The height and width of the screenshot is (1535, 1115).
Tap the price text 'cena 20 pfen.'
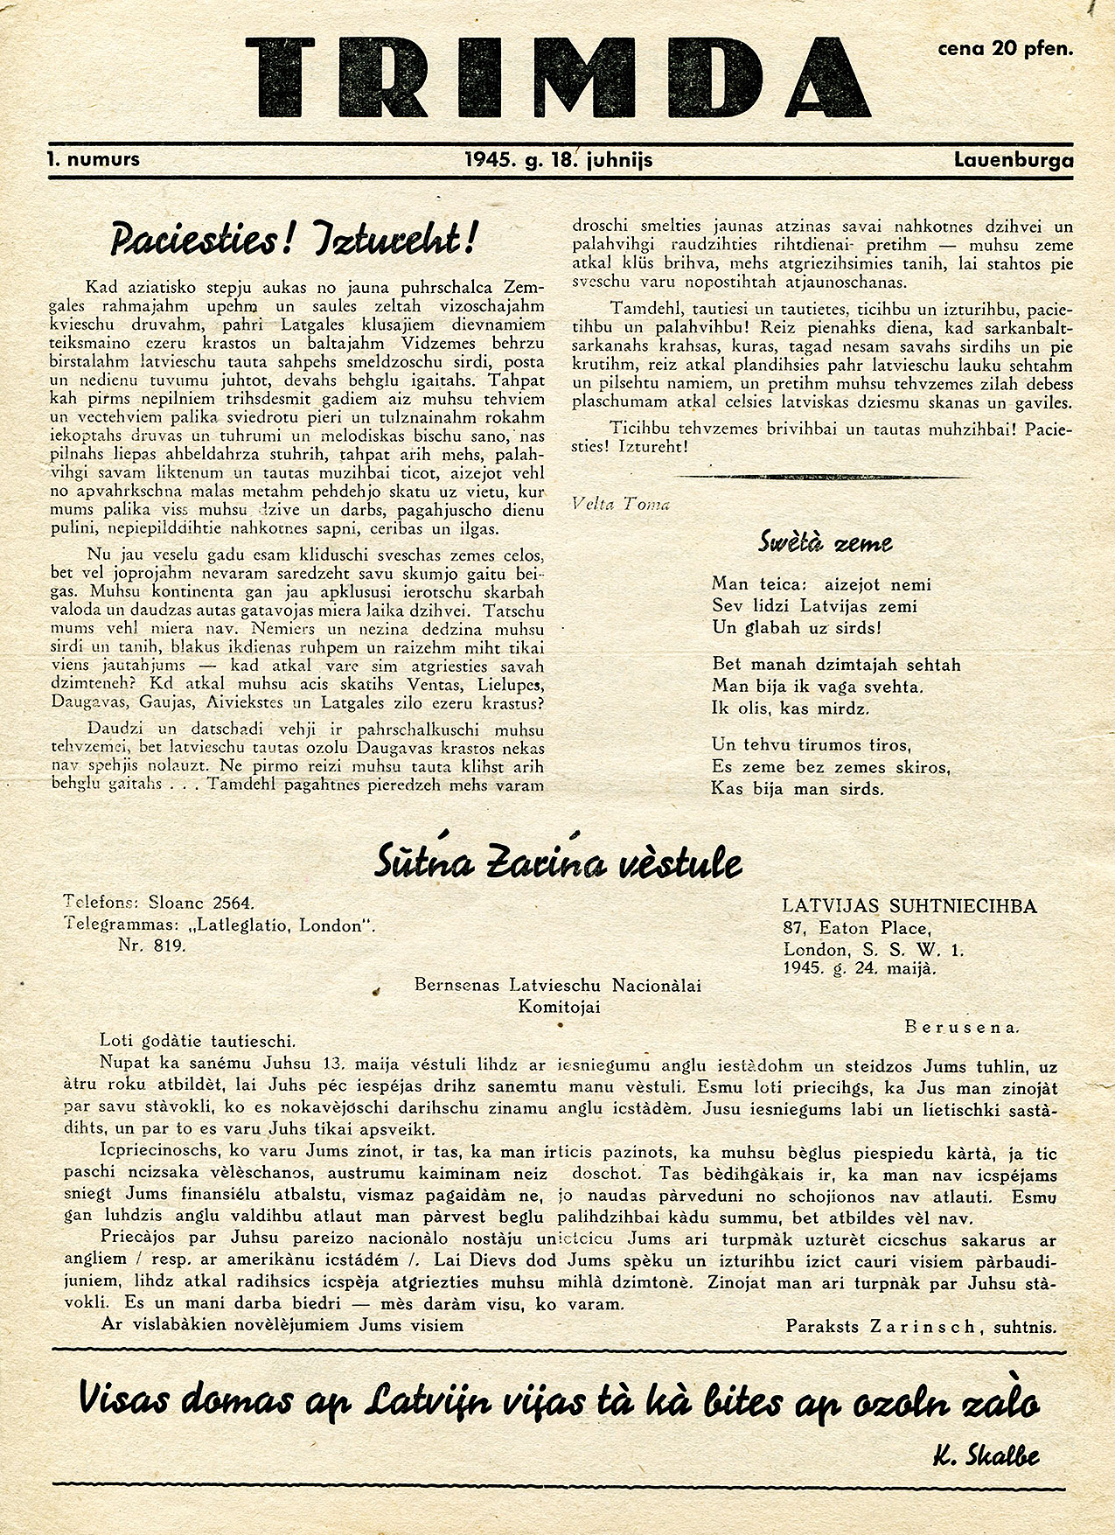[1005, 49]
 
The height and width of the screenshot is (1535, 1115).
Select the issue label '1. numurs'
[94, 160]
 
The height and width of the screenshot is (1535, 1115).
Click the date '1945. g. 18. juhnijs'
[559, 160]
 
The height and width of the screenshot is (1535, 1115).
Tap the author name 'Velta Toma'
[621, 504]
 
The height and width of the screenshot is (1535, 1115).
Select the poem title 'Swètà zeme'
[825, 542]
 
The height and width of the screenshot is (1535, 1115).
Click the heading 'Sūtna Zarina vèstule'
[558, 863]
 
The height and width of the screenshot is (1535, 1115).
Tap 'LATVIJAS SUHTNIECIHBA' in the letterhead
[909, 906]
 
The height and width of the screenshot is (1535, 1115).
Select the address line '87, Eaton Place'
[857, 928]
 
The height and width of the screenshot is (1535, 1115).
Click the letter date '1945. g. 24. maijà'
[860, 969]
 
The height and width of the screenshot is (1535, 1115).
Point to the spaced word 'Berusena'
[962, 1027]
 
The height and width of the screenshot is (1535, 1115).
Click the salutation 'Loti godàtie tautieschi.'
[198, 1041]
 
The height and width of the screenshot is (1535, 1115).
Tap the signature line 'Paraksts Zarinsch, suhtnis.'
[920, 1326]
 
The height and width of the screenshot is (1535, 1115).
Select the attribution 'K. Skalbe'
[986, 1456]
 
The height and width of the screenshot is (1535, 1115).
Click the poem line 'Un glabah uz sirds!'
[797, 628]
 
